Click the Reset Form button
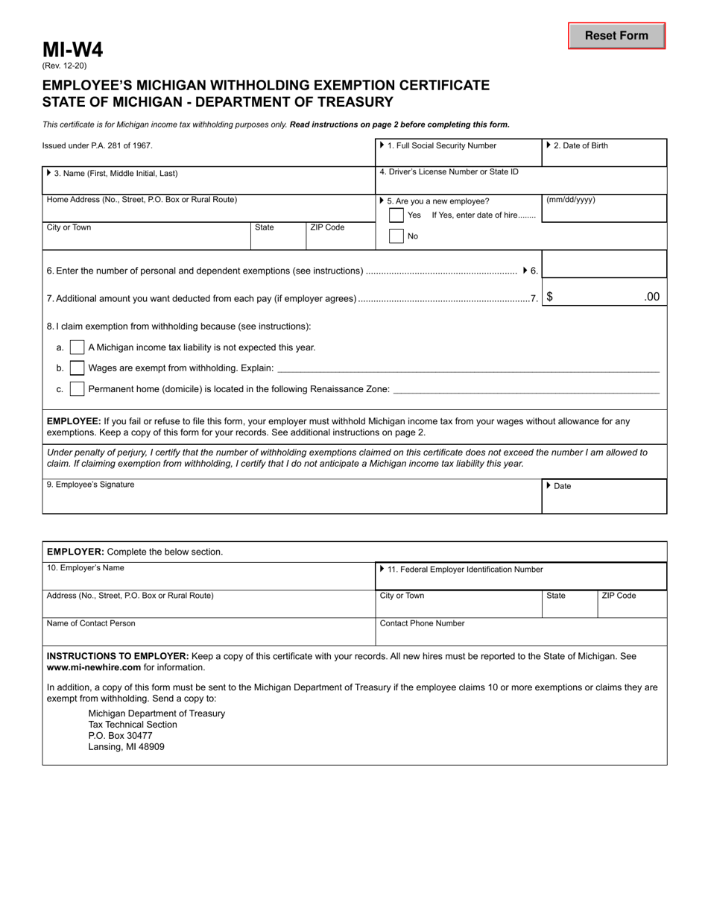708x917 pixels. (x=616, y=36)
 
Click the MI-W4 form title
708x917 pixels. (x=72, y=50)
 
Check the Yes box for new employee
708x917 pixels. (x=396, y=215)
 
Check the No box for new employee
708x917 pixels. (x=396, y=236)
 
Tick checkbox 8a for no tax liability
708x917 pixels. (x=77, y=347)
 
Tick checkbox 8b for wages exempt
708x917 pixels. (x=77, y=368)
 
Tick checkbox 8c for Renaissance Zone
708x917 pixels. (x=77, y=389)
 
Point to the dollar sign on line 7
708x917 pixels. (x=550, y=297)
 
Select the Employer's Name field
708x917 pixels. (x=209, y=578)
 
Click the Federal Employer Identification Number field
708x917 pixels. (x=520, y=578)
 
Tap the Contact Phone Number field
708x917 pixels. (x=520, y=633)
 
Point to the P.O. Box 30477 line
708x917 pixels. (x=120, y=735)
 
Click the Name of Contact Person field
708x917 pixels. (x=209, y=633)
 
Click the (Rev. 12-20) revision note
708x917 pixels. (x=64, y=66)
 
